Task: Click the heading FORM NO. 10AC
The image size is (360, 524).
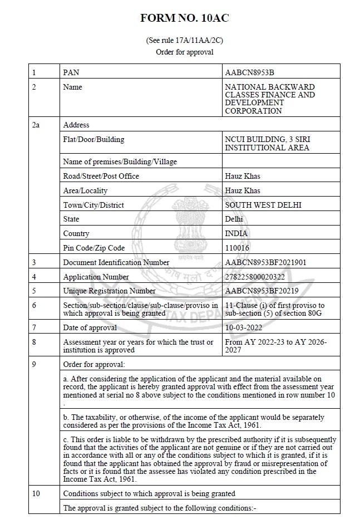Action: tap(184, 18)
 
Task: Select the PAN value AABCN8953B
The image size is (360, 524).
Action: tap(249, 72)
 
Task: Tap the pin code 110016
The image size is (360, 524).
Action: tap(237, 248)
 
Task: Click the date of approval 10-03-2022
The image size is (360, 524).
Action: tap(242, 327)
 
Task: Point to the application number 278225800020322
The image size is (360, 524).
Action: tap(255, 277)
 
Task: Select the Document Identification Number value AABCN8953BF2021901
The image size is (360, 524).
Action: tap(265, 262)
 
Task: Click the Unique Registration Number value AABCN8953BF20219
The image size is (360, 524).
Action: tap(262, 291)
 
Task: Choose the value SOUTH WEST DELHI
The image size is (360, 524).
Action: tap(263, 205)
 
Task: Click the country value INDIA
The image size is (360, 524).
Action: tap(236, 233)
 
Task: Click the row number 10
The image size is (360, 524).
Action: tap(36, 493)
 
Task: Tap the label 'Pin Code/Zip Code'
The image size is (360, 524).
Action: tap(94, 248)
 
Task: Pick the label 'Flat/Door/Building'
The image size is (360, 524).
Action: tap(93, 140)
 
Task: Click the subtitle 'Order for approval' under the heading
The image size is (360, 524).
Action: tap(184, 52)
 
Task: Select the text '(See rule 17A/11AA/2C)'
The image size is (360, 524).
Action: tap(184, 41)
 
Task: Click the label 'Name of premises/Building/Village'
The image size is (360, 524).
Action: tap(120, 161)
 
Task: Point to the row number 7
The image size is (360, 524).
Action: tap(34, 327)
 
